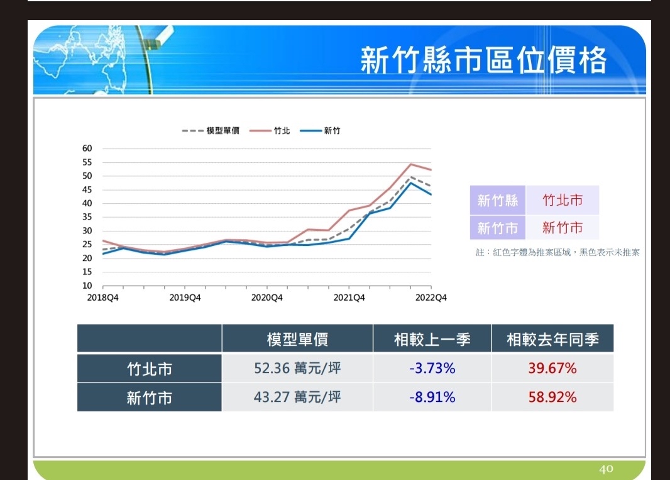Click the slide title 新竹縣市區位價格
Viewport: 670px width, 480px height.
tap(483, 60)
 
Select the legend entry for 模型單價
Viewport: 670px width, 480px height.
tap(211, 130)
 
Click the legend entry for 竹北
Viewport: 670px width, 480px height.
tap(270, 130)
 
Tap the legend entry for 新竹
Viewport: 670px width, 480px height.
tap(320, 130)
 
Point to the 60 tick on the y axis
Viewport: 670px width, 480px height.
tap(87, 148)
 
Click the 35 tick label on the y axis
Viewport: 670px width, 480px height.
tap(87, 217)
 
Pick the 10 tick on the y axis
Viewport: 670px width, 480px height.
tap(87, 286)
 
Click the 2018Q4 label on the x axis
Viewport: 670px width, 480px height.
tap(102, 298)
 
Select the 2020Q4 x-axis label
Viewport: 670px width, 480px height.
tap(266, 298)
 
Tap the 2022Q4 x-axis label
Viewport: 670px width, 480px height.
tap(431, 298)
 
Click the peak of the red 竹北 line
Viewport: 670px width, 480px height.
tap(410, 164)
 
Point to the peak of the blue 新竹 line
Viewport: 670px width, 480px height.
tap(410, 182)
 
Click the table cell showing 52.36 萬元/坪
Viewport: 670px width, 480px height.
tap(297, 368)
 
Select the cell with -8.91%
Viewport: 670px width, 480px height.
tap(432, 397)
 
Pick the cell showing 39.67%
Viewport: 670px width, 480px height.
tap(552, 368)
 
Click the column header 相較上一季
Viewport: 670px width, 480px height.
tap(432, 339)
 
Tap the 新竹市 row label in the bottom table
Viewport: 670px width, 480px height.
tap(149, 398)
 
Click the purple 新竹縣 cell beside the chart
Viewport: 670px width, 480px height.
tap(498, 200)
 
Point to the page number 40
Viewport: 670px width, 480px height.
tap(606, 469)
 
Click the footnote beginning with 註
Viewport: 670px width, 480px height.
tap(557, 252)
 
